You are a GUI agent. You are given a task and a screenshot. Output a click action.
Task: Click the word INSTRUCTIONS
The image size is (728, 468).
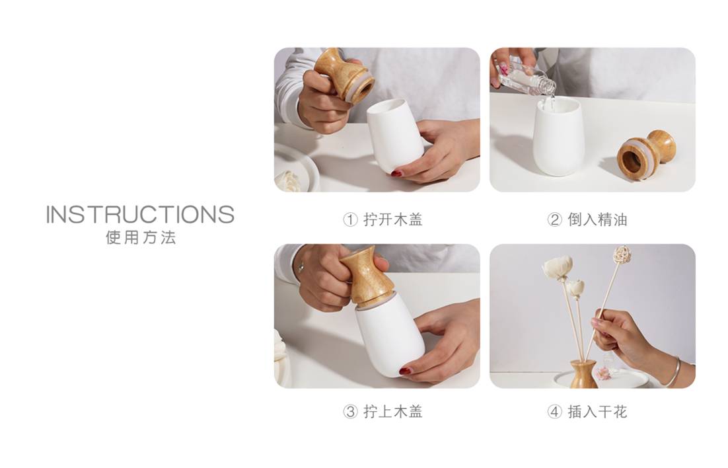coord(140,214)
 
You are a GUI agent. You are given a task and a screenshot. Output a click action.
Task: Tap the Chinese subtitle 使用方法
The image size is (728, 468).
coord(141,237)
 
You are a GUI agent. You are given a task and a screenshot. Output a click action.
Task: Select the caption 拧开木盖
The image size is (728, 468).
coord(393,219)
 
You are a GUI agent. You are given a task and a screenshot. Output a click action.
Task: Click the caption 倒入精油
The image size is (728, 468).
coord(598,219)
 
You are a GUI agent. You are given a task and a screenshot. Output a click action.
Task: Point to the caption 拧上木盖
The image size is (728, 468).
coord(393,411)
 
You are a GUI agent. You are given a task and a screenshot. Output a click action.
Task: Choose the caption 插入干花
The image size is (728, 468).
coord(598,411)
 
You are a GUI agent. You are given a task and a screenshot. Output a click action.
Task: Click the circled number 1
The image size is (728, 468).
coord(350,220)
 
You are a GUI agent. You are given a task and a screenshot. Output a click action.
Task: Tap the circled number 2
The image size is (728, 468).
coord(554,220)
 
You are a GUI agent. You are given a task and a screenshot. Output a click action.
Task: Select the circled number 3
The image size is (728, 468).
coord(350,412)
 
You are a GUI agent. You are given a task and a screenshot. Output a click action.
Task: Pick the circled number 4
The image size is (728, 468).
coord(554,412)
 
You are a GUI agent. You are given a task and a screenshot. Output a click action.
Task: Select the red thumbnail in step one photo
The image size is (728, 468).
coord(396,173)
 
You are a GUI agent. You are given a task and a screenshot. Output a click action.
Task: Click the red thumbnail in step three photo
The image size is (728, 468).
coord(406,371)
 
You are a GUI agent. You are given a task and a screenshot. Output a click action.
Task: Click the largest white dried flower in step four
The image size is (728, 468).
coord(556,268)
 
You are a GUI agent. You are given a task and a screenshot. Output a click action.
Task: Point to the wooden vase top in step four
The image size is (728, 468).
coord(583,374)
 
